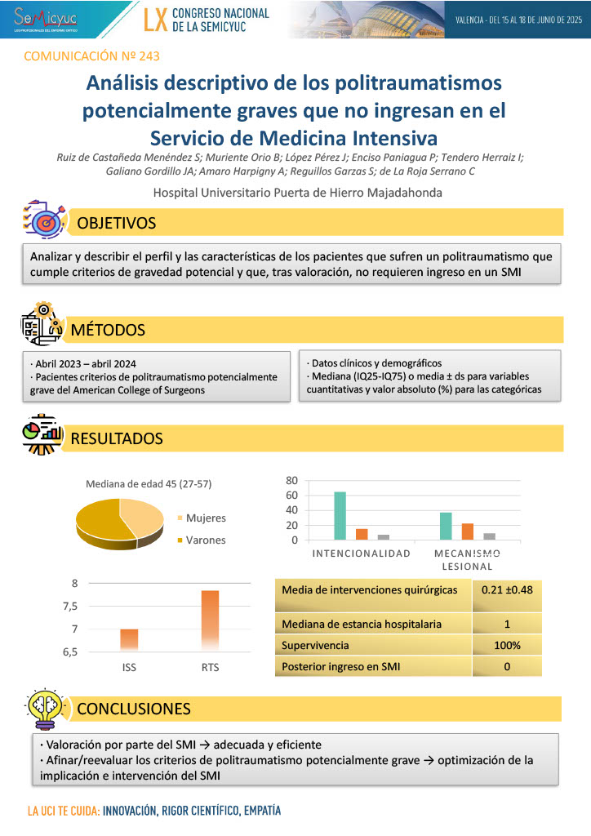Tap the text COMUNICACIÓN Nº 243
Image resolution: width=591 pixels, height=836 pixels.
tap(91, 56)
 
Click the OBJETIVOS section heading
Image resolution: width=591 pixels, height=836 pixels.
tap(116, 223)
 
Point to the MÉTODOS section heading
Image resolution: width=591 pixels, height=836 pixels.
tap(108, 330)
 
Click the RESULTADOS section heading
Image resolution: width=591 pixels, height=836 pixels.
tap(117, 438)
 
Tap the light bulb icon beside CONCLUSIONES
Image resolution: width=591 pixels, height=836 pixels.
tap(41, 707)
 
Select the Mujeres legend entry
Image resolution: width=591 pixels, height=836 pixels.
tap(206, 518)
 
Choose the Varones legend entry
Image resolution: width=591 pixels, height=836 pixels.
tap(205, 540)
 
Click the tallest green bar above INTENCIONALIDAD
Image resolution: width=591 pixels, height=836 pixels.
tap(340, 515)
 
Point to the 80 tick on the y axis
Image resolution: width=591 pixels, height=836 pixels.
tap(292, 480)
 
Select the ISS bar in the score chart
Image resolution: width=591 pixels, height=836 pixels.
tap(129, 639)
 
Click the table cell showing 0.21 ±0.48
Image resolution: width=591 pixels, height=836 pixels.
tap(506, 589)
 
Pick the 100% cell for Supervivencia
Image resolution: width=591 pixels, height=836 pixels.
tap(506, 645)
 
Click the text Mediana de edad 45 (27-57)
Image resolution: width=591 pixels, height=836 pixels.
tap(149, 484)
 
